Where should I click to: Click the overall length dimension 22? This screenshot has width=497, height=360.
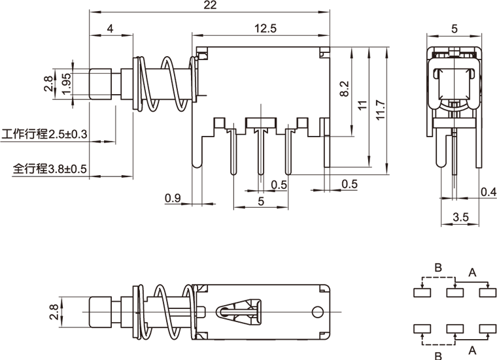209,5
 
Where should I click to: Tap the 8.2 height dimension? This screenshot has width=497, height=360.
345,89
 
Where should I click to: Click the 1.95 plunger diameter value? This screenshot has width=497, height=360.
65,83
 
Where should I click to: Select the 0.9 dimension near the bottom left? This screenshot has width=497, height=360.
173,197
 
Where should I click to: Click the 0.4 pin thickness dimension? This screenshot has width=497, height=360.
488,191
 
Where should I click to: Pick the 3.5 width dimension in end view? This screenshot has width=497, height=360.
460,217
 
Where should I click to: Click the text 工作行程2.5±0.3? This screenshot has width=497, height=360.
45,135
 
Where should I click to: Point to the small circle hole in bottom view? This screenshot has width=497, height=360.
318,312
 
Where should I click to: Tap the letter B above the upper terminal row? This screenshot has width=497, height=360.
438,268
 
